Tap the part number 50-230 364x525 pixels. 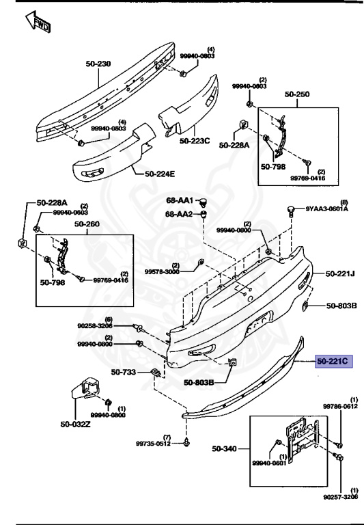coord(98,64)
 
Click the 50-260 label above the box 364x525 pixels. coord(87,224)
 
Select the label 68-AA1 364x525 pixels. coord(180,202)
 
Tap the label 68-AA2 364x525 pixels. coord(180,214)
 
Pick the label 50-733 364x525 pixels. coord(125,373)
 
